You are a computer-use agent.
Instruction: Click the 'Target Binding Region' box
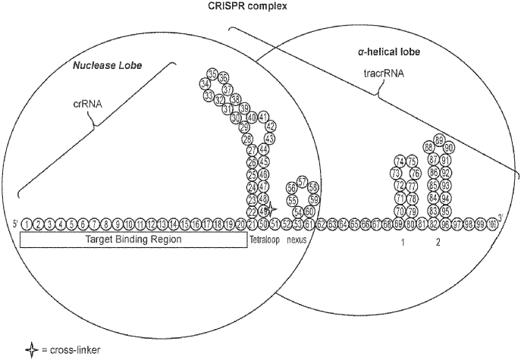[133, 239]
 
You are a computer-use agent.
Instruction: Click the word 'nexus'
[302, 239]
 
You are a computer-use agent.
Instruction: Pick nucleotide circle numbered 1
[27, 224]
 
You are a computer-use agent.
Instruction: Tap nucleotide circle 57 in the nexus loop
[303, 182]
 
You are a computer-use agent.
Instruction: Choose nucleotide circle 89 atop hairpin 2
[439, 140]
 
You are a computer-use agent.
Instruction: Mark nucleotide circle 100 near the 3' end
[492, 224]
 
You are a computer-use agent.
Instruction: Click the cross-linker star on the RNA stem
[271, 210]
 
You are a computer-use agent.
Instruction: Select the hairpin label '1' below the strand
[403, 243]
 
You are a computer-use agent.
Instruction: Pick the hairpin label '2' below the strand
[438, 243]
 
